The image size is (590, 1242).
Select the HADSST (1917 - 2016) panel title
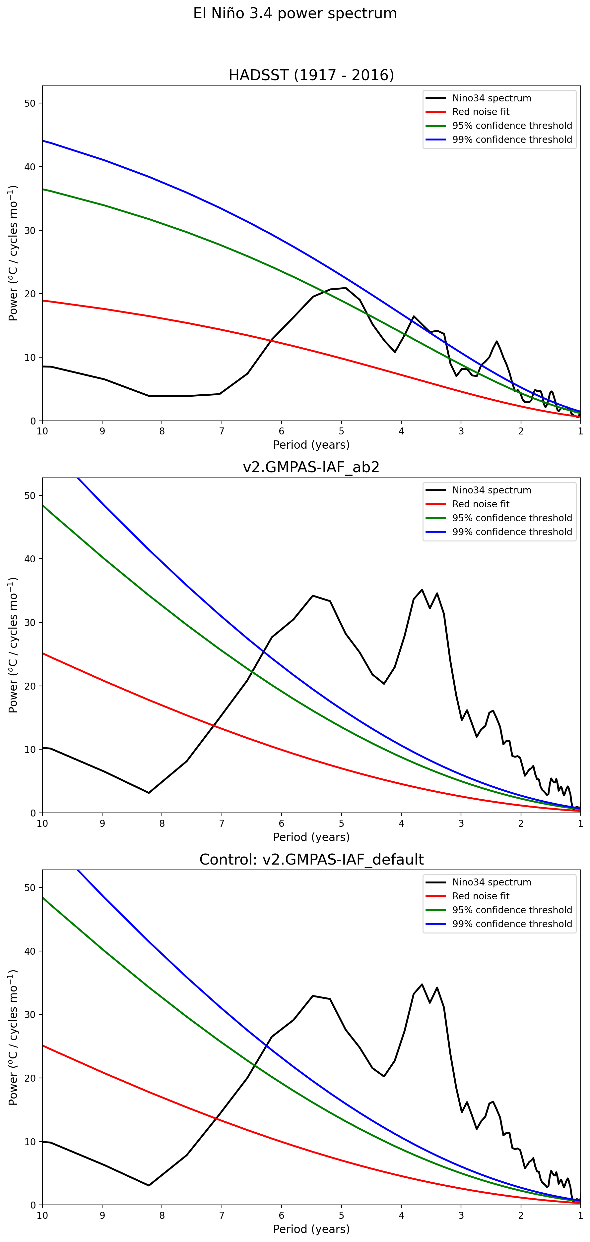pos(311,75)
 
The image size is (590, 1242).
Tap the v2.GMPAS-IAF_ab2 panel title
pos(311,467)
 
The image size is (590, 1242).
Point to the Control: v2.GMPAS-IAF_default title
pos(311,859)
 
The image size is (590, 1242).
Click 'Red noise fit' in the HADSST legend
pos(481,112)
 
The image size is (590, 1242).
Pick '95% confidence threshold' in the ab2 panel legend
pos(512,518)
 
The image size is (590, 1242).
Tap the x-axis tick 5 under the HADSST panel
pos(342,431)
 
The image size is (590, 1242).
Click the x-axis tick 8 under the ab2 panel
pos(162,823)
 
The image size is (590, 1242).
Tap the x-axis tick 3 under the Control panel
pos(461,1215)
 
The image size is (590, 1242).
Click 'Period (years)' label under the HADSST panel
pos(311,444)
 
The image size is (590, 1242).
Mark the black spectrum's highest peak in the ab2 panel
pos(422,590)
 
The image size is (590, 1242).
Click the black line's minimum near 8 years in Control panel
pos(149,1185)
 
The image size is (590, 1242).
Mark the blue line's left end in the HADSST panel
pos(43,141)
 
